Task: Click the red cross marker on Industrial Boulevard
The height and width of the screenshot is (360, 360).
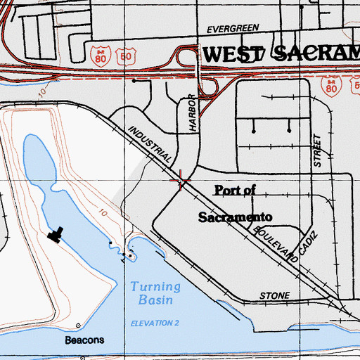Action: click(x=181, y=181)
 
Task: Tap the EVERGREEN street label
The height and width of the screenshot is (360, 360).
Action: click(x=233, y=30)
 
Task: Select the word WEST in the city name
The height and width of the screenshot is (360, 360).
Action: click(x=233, y=53)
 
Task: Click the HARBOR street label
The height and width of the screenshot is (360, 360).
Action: click(x=190, y=115)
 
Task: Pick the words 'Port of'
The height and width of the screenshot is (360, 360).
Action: click(x=236, y=190)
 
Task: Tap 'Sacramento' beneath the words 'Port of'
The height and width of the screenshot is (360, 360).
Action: click(x=235, y=217)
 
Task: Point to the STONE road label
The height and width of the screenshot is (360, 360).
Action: click(x=274, y=297)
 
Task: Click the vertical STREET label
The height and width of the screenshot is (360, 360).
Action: click(x=317, y=150)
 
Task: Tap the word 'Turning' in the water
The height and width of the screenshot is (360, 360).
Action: click(x=155, y=287)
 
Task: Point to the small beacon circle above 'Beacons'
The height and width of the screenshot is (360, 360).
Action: click(x=77, y=326)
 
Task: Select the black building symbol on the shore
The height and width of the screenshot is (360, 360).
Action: click(x=56, y=234)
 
